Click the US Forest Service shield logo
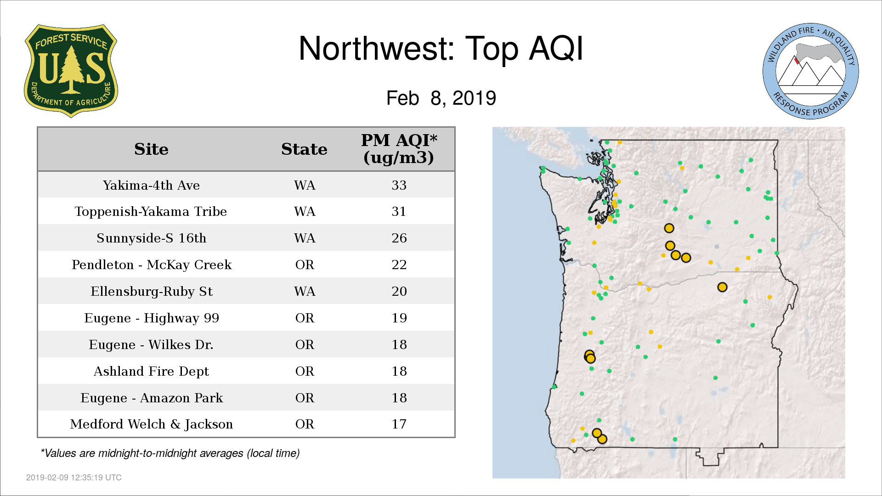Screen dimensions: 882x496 pos(71,71)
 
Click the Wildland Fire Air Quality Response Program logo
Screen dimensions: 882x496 pos(810,71)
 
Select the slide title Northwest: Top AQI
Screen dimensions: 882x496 pos(441,49)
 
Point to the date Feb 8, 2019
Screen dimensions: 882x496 pos(441,98)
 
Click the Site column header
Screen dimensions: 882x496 pos(151,149)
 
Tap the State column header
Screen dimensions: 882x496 pos(304,149)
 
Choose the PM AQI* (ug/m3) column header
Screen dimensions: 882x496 pos(399,149)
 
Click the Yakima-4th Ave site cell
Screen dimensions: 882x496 pos(151,185)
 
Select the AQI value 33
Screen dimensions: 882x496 pos(399,185)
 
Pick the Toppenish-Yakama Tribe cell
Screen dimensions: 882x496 pos(151,212)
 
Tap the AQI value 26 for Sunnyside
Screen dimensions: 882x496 pos(399,238)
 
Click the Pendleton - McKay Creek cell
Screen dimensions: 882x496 pos(152,265)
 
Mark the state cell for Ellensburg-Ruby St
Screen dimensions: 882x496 pos(305,291)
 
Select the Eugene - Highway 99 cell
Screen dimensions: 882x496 pos(152,318)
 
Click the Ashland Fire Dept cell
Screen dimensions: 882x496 pos(151,371)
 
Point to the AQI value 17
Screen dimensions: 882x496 pos(399,424)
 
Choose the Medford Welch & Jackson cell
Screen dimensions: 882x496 pos(151,424)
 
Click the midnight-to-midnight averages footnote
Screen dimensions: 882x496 pos(170,453)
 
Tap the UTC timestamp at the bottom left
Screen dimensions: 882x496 pos(74,478)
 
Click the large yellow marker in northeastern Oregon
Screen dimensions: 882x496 pos(722,287)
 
